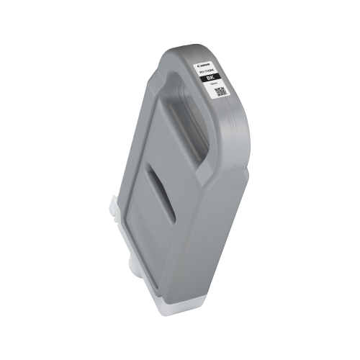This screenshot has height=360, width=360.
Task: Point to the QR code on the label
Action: [x=221, y=91]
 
